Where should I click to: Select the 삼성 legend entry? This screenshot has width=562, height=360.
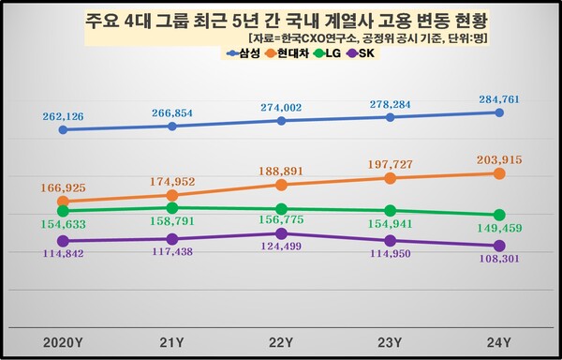click(x=244, y=53)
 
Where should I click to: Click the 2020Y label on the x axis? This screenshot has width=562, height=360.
click(x=63, y=339)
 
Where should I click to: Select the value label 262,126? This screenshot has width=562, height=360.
click(x=65, y=115)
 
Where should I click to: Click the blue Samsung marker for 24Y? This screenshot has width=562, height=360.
click(x=499, y=112)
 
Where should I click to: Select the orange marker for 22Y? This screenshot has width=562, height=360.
click(x=281, y=185)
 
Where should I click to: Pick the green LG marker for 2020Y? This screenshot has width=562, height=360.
click(x=63, y=211)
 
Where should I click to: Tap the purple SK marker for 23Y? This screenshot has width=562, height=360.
click(x=390, y=241)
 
